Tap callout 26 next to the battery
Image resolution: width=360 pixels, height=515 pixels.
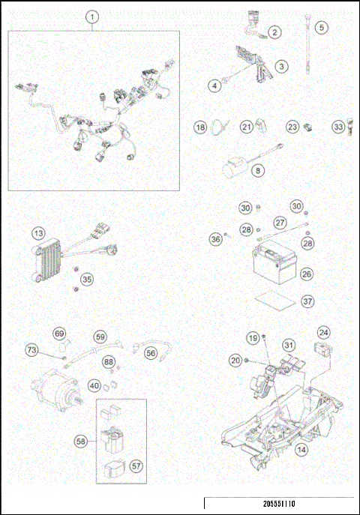[307, 274]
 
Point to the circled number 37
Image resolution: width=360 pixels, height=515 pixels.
[307, 301]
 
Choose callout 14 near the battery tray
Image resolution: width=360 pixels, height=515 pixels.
[301, 450]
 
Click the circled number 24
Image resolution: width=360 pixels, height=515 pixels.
[323, 332]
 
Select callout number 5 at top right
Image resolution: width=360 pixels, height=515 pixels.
[322, 28]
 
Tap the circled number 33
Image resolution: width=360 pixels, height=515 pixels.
[338, 127]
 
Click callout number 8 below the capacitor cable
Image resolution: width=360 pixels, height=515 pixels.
[259, 171]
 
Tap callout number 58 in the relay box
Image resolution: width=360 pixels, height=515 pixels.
[80, 443]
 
